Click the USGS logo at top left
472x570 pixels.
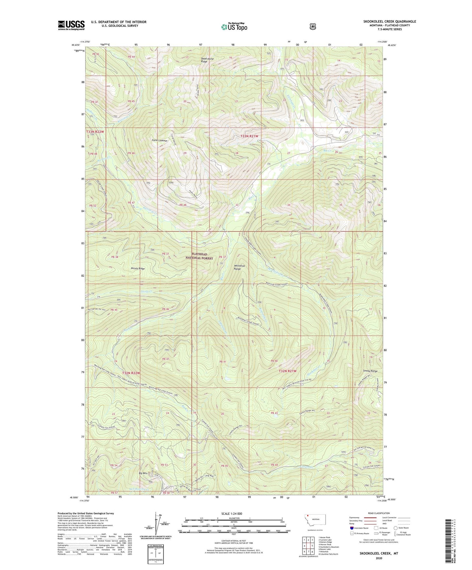point(71,25)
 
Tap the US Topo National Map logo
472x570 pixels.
point(234,27)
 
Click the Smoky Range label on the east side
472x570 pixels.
point(370,371)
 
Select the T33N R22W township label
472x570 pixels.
point(95,132)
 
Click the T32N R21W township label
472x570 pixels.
point(287,371)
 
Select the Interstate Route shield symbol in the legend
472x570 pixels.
point(351,528)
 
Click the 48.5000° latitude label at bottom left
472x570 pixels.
point(74,498)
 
